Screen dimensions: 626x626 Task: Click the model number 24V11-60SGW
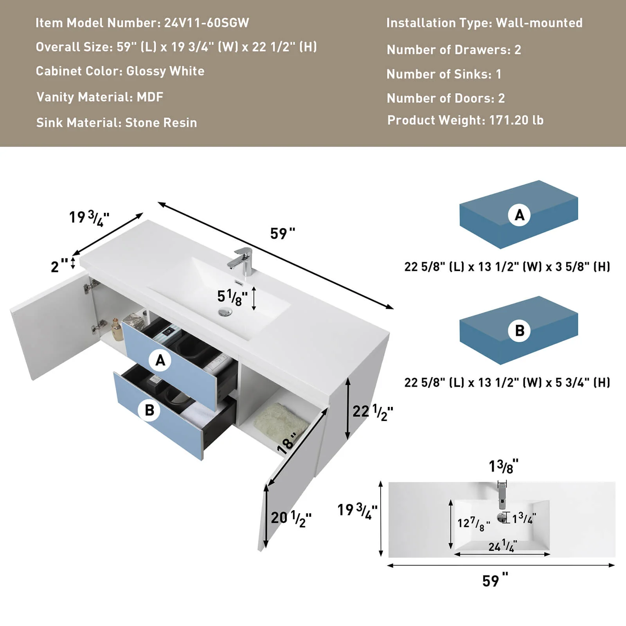[206, 23]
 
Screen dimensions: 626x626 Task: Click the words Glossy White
[165, 71]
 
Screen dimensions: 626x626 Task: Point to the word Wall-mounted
[539, 23]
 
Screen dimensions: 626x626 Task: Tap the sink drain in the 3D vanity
[225, 312]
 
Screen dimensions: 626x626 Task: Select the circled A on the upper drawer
[160, 360]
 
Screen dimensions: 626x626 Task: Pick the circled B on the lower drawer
[149, 410]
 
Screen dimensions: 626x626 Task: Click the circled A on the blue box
[519, 215]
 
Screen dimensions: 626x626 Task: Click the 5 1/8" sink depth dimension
[232, 297]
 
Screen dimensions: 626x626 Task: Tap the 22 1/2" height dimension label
[372, 412]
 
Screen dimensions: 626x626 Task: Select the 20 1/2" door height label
[291, 518]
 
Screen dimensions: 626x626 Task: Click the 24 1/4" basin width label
[502, 545]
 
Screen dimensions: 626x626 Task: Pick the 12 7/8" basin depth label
[473, 523]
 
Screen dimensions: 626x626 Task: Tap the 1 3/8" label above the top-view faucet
[503, 466]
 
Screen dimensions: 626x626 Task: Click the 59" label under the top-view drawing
[495, 580]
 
